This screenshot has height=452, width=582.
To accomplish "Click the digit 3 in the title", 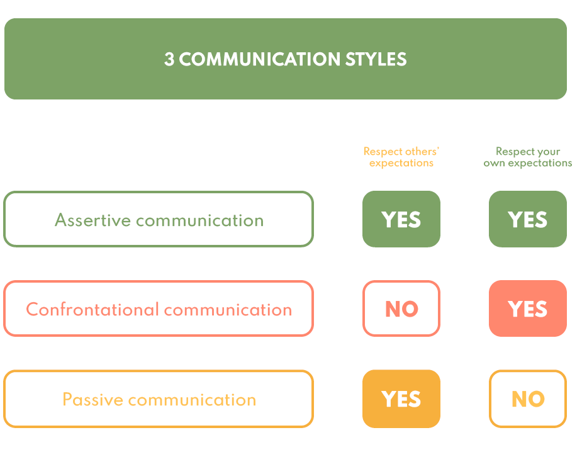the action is point(169,59).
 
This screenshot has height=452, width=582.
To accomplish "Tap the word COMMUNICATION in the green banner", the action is point(259,59).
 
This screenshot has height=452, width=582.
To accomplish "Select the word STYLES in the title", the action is point(376,59).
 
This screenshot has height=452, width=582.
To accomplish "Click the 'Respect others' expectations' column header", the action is point(401,157).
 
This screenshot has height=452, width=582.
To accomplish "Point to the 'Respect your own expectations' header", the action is point(528,157).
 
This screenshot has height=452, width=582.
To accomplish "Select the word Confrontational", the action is point(92,309).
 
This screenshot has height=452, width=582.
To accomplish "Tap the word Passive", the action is point(92,399).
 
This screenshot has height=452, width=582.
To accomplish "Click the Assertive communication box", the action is point(159,219).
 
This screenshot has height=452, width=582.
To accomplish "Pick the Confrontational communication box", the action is point(159,308).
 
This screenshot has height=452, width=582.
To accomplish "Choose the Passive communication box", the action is point(159,399).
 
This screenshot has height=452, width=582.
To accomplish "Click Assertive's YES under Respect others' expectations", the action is point(401,219).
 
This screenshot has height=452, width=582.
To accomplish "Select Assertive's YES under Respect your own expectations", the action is point(528,219).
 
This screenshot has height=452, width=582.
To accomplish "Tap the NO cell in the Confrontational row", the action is point(401,308).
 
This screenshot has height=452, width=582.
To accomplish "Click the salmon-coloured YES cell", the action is point(528,308).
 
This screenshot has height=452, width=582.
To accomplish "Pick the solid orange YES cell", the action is point(401,399).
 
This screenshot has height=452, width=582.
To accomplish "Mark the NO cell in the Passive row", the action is point(528,399).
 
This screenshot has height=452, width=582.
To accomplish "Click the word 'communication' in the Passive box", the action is point(193,400).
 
